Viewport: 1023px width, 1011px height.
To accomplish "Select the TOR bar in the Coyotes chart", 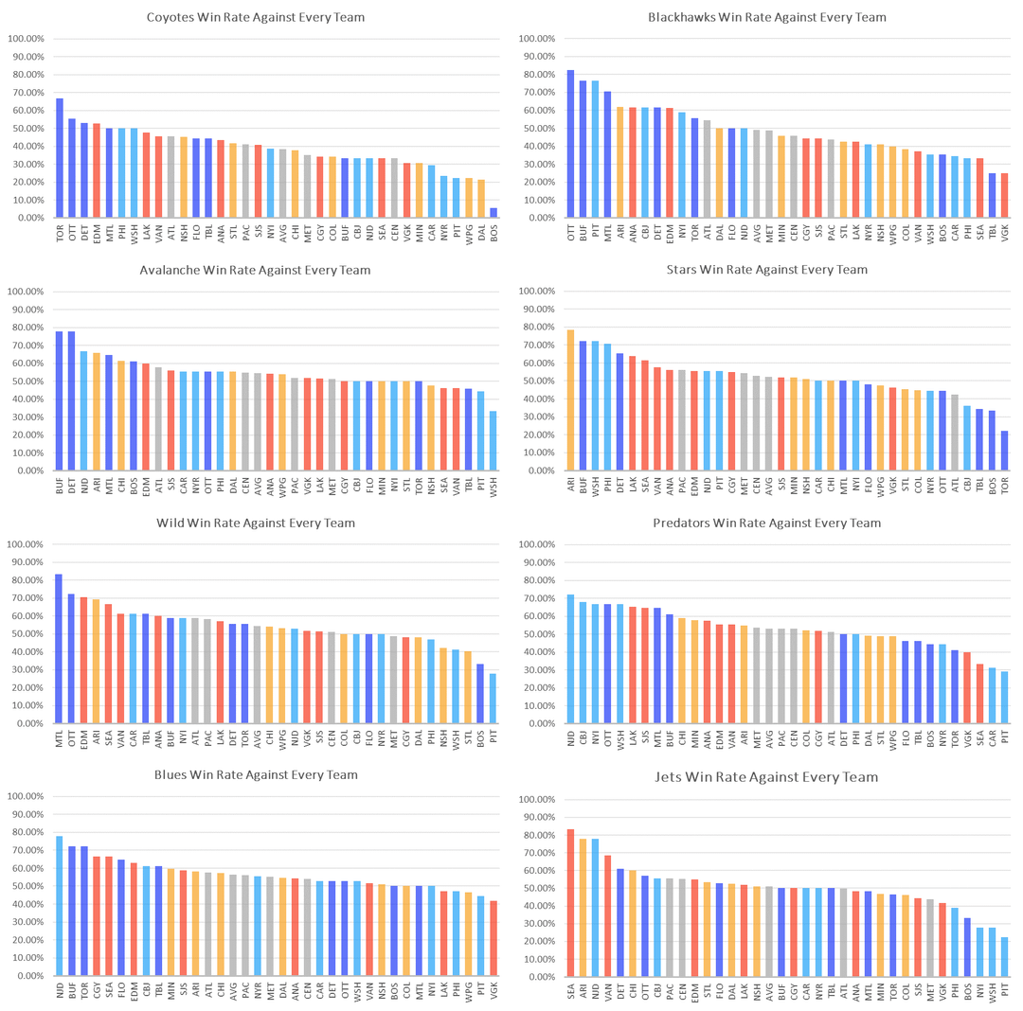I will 60,158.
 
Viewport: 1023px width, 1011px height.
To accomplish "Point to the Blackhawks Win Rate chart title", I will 767,18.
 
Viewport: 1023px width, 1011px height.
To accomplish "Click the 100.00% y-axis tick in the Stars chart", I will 542,292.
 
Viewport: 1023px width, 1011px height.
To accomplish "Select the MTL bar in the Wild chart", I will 60,648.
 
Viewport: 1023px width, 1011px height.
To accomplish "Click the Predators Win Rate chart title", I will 767,523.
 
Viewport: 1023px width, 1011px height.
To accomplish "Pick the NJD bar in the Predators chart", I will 571,659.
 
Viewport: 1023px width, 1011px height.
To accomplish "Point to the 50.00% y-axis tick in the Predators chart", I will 542,634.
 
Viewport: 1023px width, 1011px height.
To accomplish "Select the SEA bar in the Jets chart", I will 571,903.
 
